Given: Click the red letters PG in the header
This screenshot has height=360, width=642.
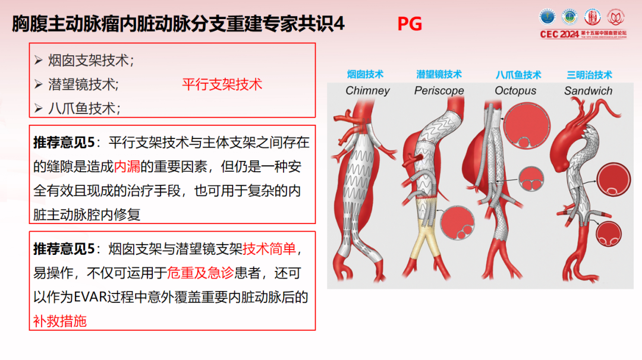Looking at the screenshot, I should [410, 24].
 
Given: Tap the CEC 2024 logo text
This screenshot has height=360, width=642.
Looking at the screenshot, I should [559, 34].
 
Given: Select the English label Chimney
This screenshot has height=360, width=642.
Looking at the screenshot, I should [367, 91].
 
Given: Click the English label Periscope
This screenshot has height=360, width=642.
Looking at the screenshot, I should [439, 91].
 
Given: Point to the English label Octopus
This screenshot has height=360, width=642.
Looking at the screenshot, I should [515, 91].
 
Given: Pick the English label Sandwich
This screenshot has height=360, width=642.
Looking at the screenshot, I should [588, 91].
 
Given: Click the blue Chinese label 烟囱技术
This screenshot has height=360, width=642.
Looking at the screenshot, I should [366, 74].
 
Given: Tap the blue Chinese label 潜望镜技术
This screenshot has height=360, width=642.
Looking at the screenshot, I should [439, 74].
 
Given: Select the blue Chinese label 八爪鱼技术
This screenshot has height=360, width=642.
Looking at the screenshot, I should [518, 75].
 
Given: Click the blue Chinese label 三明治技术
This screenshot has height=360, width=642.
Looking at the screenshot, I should [588, 75].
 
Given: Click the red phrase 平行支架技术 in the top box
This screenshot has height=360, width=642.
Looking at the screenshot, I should [222, 84].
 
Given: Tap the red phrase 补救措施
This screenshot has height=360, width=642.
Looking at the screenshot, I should [60, 321].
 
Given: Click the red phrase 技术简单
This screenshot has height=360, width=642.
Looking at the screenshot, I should [269, 248].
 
